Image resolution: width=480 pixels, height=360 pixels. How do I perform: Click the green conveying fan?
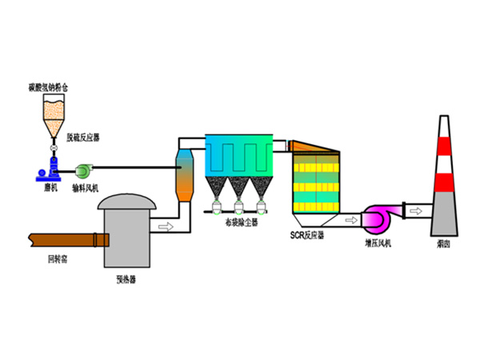(84, 170)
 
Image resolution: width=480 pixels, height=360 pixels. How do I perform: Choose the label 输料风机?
(84, 188)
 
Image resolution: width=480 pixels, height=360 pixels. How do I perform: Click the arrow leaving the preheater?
(166, 226)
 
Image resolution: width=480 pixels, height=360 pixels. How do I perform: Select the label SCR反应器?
(306, 235)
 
